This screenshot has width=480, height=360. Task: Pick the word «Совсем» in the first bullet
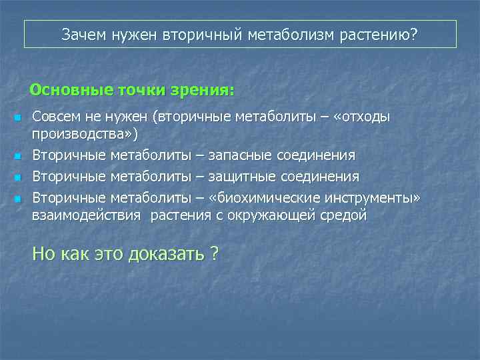click(57, 117)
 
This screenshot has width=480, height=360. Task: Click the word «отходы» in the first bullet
click(364, 117)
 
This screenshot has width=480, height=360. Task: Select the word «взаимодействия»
click(87, 215)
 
